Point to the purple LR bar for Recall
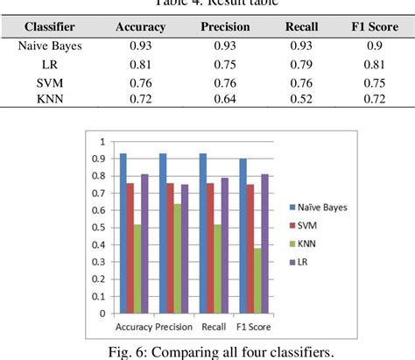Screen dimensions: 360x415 click(x=223, y=245)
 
